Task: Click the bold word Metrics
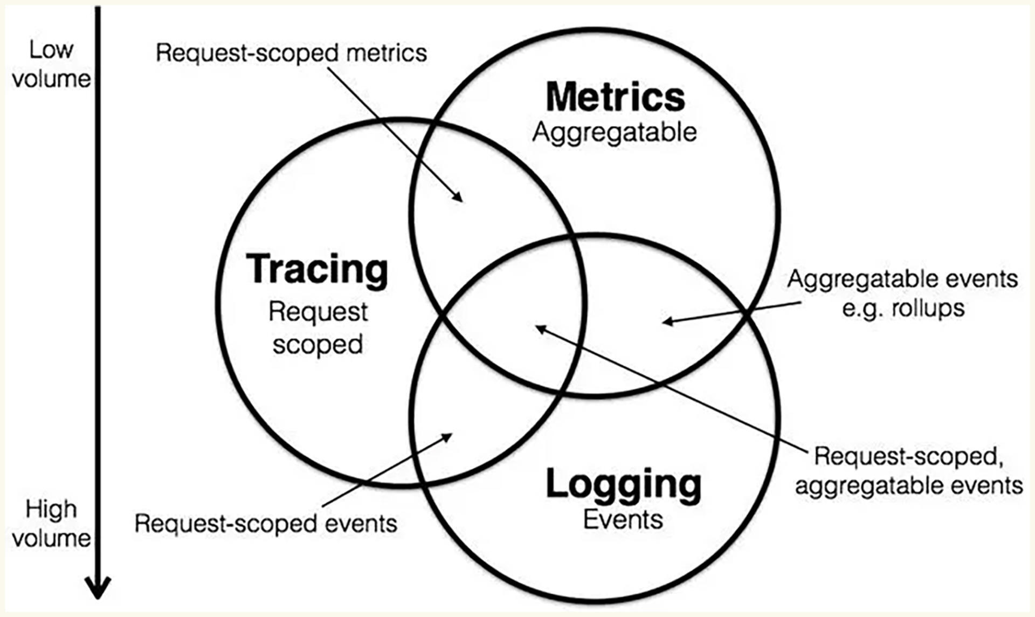pos(615,98)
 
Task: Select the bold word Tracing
pos(317,269)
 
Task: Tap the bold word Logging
pos(624,484)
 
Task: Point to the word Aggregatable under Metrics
pos(615,133)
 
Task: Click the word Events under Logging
pos(623,519)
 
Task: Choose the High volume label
pos(51,524)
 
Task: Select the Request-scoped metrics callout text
pos(291,53)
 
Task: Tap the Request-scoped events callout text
pos(266,523)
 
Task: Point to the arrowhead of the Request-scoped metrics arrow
pos(459,198)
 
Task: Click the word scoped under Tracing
pos(318,345)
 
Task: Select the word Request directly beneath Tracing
pos(318,312)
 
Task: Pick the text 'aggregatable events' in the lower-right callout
pos(909,485)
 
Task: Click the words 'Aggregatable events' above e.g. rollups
pos(902,279)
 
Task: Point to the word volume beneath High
pos(51,538)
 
